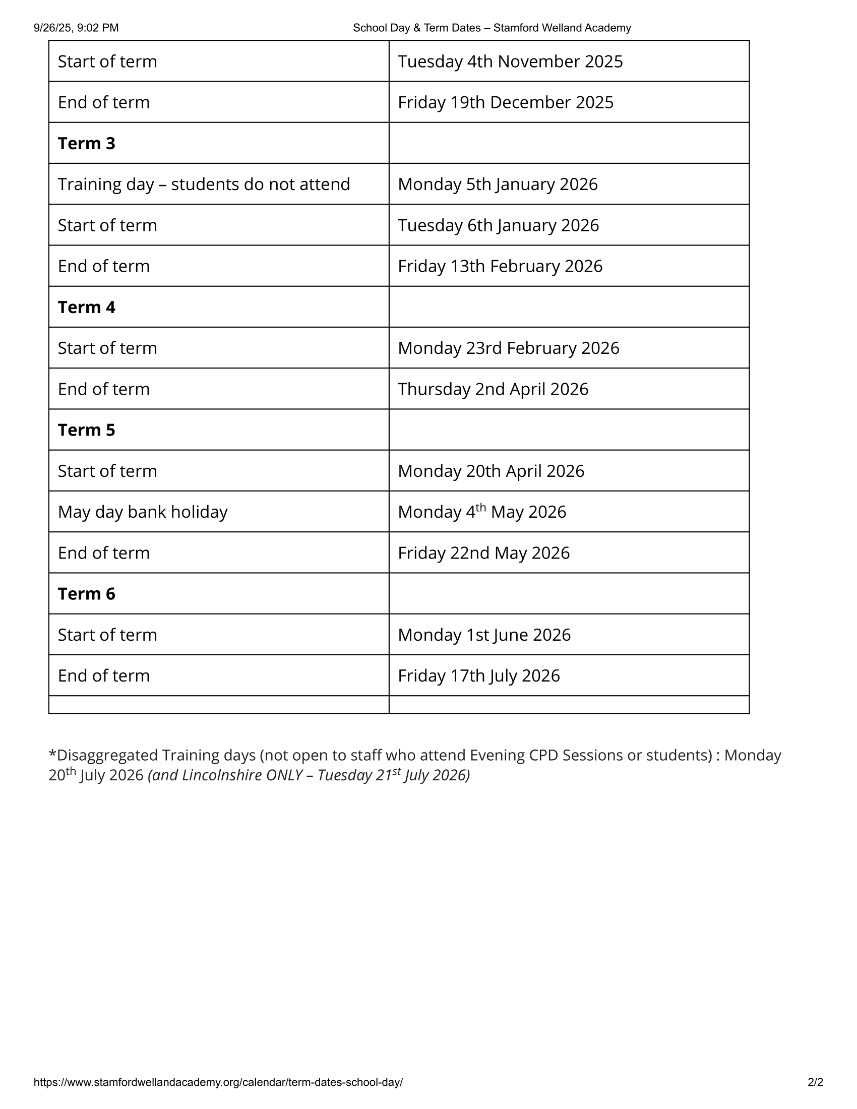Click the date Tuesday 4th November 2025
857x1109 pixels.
[x=510, y=61]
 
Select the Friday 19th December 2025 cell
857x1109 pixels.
[x=505, y=102]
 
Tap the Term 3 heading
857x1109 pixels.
[x=86, y=144]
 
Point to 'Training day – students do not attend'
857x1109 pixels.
[x=204, y=184]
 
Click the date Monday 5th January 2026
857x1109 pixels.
[x=498, y=184]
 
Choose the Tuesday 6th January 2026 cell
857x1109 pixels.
[x=498, y=225]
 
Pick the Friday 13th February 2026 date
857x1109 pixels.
[x=500, y=267]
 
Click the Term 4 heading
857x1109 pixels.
[x=86, y=307]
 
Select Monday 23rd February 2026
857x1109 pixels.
[x=508, y=348]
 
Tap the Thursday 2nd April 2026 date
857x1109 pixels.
[x=493, y=390]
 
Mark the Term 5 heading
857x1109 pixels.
[x=86, y=430]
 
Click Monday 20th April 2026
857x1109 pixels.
[x=491, y=471]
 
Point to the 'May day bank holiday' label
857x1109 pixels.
[x=143, y=512]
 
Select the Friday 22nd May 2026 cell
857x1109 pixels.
[x=483, y=553]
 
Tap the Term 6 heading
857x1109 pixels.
[x=86, y=594]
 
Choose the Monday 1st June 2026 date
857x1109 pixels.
[x=484, y=635]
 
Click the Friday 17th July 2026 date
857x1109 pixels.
[x=478, y=676]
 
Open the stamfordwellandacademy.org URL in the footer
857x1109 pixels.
[x=218, y=1082]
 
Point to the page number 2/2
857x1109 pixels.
[x=815, y=1082]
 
